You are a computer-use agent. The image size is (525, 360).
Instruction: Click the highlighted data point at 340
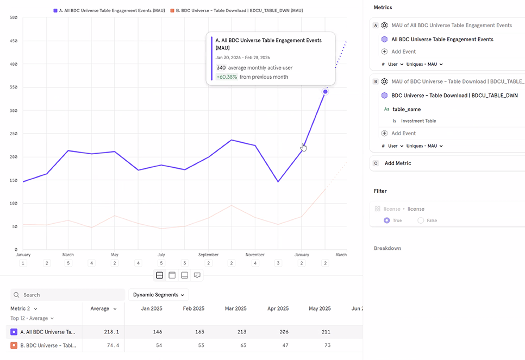click(325, 91)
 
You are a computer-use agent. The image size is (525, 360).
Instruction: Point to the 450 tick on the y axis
click(13, 41)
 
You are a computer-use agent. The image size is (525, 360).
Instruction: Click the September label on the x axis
click(208, 254)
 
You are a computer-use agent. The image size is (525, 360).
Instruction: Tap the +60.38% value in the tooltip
click(227, 77)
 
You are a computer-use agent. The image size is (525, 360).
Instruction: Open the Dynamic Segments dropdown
click(158, 295)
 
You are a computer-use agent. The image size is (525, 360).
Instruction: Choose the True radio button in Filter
click(387, 220)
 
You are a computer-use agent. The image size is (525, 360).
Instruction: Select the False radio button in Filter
click(421, 220)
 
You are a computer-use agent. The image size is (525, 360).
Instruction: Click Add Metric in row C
click(398, 163)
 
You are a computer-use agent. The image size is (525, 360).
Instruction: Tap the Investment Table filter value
click(418, 121)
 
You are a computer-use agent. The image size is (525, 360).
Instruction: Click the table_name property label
click(407, 109)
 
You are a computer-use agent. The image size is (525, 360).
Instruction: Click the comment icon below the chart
click(197, 275)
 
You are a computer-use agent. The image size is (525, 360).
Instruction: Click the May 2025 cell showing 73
click(327, 345)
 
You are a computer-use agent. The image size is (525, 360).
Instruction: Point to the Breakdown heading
click(387, 248)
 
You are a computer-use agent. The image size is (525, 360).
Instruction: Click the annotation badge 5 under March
click(68, 263)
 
